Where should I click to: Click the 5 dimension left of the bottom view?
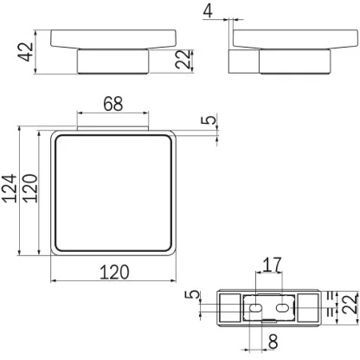(196, 298)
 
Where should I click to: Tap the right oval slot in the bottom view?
(283, 306)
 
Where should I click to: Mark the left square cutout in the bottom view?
(228, 305)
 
